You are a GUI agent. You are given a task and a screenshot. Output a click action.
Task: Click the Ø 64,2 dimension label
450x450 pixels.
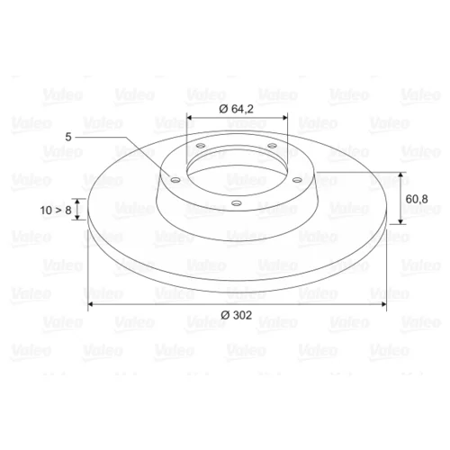click(x=236, y=109)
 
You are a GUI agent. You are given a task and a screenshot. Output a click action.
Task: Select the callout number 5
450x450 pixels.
click(x=68, y=137)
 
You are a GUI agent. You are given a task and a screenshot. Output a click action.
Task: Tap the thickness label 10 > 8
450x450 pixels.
click(x=56, y=211)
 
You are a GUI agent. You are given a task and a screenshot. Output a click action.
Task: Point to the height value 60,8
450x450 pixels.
click(x=417, y=199)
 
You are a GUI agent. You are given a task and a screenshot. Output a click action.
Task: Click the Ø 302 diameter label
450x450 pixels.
click(x=236, y=315)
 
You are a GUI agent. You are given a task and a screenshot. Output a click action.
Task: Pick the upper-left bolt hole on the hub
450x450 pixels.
click(x=201, y=146)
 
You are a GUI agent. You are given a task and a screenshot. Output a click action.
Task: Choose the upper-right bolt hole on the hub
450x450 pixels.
click(x=272, y=146)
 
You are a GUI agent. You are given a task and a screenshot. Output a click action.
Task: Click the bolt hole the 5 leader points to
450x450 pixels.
click(x=175, y=180)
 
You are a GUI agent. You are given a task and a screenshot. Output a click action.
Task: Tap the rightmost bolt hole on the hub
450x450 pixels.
click(x=297, y=180)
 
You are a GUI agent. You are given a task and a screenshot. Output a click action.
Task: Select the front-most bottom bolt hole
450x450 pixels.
click(x=237, y=203)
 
